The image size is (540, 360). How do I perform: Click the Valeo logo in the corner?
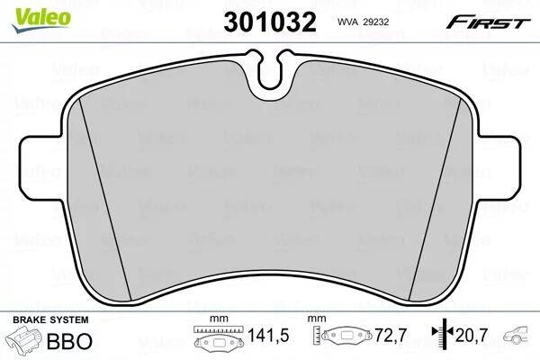[41, 19]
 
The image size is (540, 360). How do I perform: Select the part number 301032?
[270, 22]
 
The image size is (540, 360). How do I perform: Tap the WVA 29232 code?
[363, 22]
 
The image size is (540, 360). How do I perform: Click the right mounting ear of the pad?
[499, 166]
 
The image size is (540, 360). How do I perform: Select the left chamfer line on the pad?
[105, 198]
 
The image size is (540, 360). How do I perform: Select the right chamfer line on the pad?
[435, 198]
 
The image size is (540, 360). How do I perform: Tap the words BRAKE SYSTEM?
[50, 319]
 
